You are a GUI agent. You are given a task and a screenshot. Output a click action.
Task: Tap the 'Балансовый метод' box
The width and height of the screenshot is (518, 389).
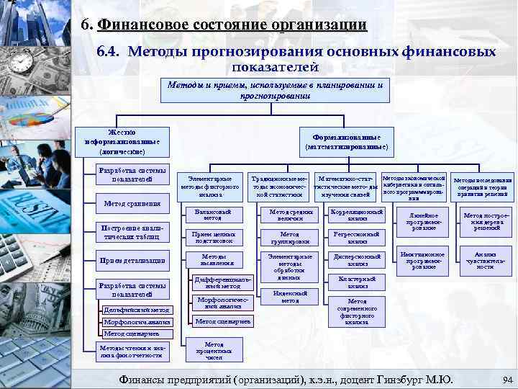click(208, 215)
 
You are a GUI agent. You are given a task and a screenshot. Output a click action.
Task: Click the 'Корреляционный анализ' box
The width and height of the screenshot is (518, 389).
click(357, 215)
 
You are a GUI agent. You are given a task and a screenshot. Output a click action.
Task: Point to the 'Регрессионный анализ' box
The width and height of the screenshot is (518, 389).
click(357, 237)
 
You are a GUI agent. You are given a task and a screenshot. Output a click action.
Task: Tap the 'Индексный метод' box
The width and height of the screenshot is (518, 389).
click(290, 297)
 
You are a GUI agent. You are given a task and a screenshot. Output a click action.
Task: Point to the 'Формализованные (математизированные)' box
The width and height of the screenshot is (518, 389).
click(347, 141)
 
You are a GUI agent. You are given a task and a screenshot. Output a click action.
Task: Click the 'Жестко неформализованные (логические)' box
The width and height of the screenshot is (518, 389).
click(122, 142)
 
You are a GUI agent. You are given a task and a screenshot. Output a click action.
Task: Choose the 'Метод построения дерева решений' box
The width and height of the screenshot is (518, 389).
click(483, 219)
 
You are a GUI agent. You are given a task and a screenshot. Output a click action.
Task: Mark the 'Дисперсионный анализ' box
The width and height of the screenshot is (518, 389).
click(357, 260)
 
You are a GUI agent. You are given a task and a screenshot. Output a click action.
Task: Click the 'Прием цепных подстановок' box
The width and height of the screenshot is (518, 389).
click(208, 237)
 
